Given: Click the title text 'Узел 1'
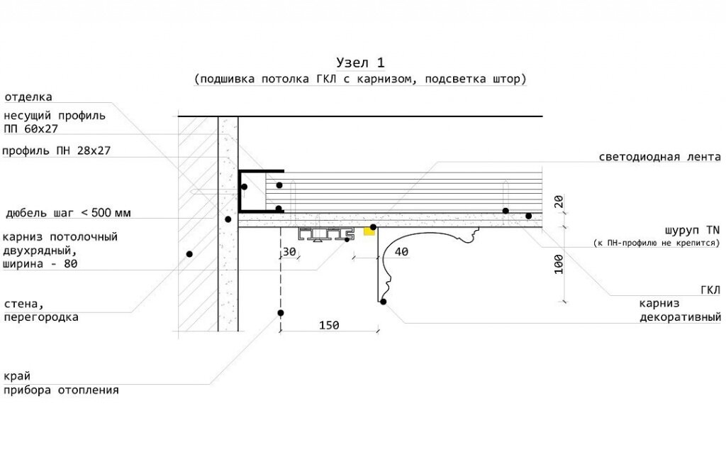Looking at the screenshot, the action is click(x=360, y=62).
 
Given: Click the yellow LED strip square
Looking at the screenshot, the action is click(x=369, y=231).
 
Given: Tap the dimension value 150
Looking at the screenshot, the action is click(x=329, y=325).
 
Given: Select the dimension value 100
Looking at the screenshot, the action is click(x=559, y=264).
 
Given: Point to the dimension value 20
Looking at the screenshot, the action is click(x=559, y=202).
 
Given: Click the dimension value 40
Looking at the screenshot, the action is click(x=401, y=252).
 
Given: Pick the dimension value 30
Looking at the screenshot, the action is click(x=289, y=252).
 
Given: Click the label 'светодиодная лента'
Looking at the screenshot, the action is click(x=660, y=157).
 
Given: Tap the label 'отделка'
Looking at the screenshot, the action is click(x=28, y=97).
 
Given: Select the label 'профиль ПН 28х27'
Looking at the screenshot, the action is click(x=57, y=150).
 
